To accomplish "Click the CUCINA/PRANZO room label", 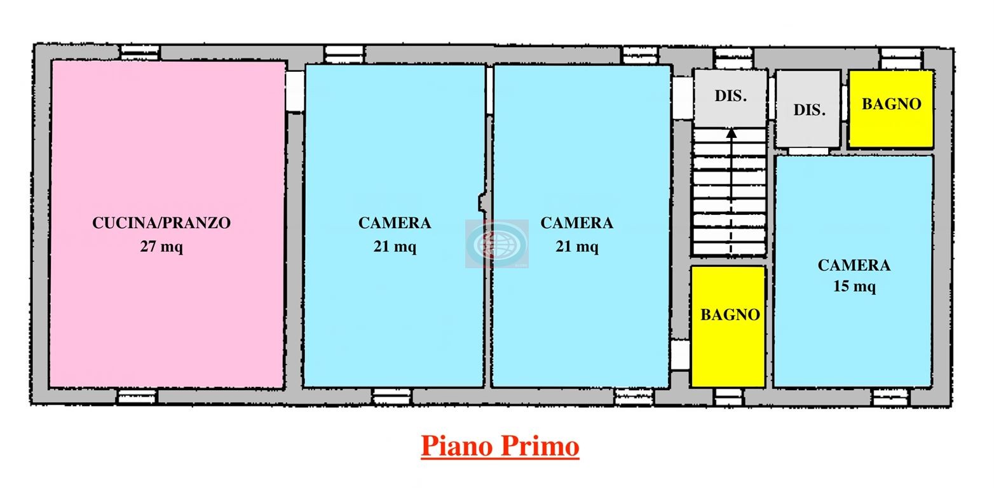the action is click(x=161, y=222).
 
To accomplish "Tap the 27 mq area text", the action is click(x=161, y=246).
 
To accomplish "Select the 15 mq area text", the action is click(x=854, y=286).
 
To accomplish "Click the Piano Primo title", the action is click(x=500, y=446).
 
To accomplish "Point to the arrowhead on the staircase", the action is click(x=732, y=133).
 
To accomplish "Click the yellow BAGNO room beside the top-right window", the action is click(x=891, y=109).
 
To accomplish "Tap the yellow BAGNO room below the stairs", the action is click(x=728, y=327).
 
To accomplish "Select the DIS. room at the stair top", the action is click(x=730, y=98).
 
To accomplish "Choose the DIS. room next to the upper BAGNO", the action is click(x=808, y=109).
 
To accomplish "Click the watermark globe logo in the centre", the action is click(x=497, y=244).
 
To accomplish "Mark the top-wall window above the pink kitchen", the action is click(x=140, y=52).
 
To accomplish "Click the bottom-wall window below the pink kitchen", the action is click(x=137, y=396).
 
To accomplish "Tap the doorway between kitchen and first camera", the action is click(x=295, y=91).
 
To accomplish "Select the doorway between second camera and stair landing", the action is click(x=683, y=98).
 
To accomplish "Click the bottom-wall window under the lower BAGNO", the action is click(x=728, y=396).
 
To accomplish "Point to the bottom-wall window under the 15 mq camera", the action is click(x=890, y=397).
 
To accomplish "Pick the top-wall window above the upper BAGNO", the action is click(x=901, y=58).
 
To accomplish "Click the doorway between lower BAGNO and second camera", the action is click(x=680, y=355).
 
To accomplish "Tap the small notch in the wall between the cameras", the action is click(x=482, y=202).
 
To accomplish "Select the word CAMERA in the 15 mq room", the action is click(x=854, y=266).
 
